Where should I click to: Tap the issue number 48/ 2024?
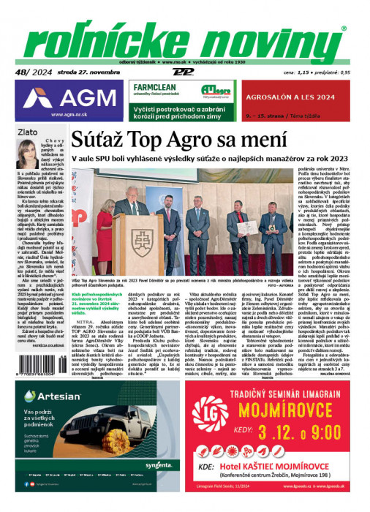point(29,71)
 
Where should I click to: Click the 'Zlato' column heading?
point(29,132)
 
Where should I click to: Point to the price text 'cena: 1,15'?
point(290,73)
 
